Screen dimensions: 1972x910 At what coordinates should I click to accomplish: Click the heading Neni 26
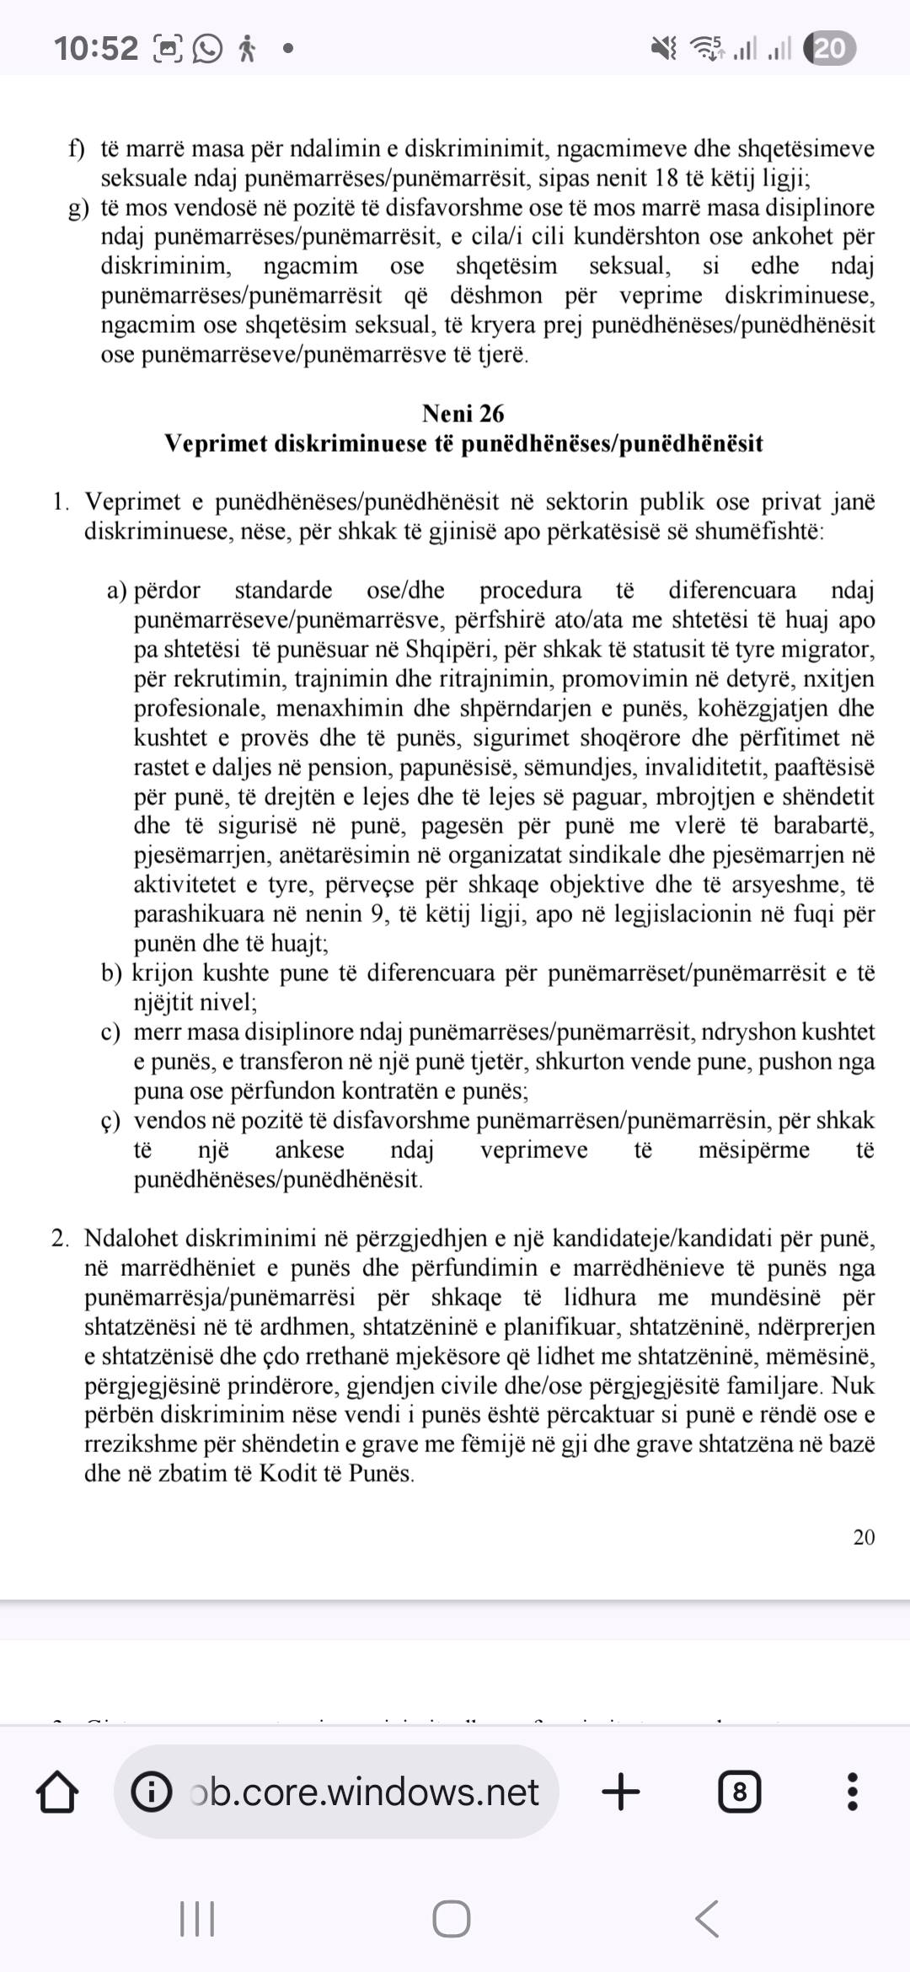(463, 414)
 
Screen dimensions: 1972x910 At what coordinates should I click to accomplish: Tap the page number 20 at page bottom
(864, 1537)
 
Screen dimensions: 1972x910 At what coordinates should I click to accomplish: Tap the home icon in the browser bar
(58, 1792)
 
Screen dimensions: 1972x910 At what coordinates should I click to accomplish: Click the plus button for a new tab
(621, 1791)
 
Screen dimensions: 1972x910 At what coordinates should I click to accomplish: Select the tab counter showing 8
(739, 1792)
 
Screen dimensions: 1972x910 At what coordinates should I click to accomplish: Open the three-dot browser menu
(852, 1792)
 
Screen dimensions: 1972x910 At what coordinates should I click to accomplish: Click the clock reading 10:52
(95, 49)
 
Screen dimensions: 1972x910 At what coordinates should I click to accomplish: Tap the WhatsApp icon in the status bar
(207, 49)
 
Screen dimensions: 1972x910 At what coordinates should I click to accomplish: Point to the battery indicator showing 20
(829, 49)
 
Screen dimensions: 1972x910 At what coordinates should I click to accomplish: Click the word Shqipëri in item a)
(450, 650)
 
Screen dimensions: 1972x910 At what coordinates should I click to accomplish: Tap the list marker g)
(78, 208)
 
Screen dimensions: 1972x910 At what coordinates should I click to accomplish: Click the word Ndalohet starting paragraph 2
(131, 1239)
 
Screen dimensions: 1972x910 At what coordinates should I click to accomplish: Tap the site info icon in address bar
(152, 1792)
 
